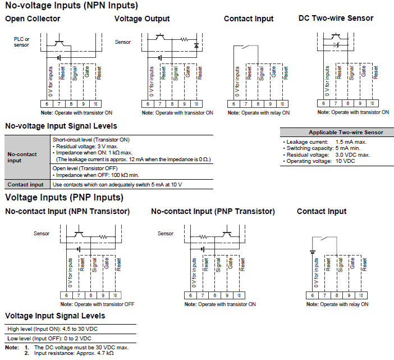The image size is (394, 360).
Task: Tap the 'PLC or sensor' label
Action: (x=21, y=42)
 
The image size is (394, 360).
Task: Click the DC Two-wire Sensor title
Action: (x=336, y=18)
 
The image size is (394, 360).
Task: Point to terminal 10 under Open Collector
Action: (x=97, y=104)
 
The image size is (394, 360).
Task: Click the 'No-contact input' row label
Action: (x=22, y=157)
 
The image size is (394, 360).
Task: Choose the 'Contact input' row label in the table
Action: (x=25, y=184)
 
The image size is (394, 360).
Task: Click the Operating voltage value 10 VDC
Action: (x=345, y=161)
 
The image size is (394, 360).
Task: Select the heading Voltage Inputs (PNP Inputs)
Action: (x=64, y=198)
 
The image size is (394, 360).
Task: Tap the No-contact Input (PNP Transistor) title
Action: (x=213, y=211)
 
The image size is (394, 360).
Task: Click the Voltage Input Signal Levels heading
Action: (x=55, y=316)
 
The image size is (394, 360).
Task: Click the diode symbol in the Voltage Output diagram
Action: (x=196, y=44)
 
